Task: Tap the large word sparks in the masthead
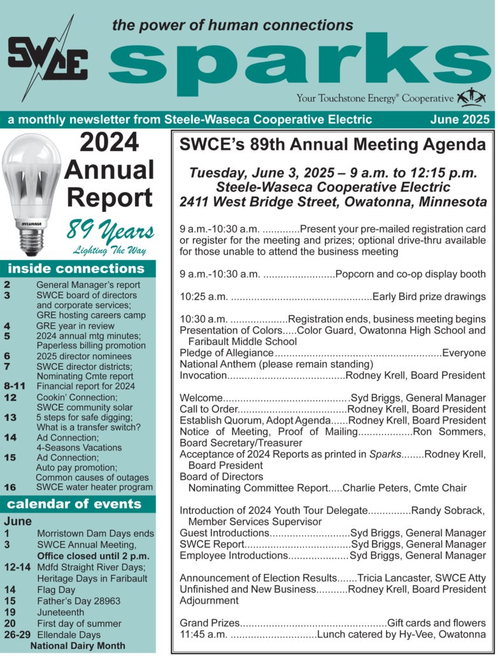pos(299,63)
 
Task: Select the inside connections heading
pos(76,268)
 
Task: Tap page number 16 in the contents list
pos(10,487)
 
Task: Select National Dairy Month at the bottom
pos(78,646)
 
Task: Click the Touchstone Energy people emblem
pos(472,97)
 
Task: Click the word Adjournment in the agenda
pos(209,601)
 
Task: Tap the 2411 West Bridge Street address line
pos(333,202)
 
